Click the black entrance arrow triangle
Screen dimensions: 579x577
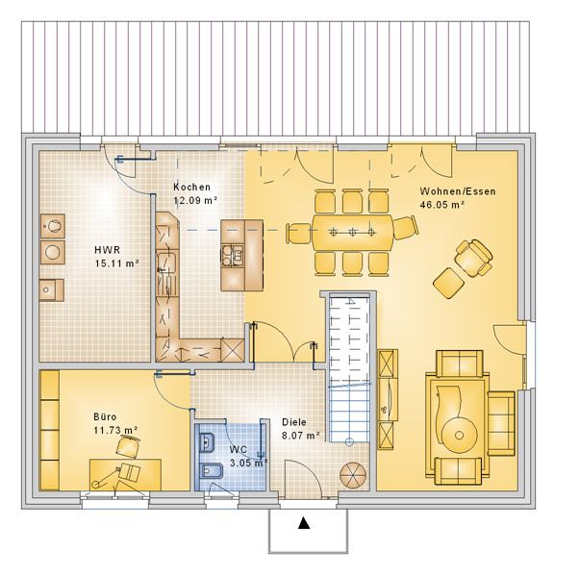(x=304, y=523)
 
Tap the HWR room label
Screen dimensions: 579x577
(x=108, y=250)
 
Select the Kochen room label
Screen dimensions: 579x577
(x=192, y=188)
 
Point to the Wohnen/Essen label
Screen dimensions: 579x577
(x=458, y=191)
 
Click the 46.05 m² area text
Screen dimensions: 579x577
(x=442, y=205)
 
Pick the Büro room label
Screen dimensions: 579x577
(x=105, y=417)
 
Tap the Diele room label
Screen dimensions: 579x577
(x=294, y=422)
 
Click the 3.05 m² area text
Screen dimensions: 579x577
(x=248, y=463)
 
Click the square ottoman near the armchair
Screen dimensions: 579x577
(x=448, y=283)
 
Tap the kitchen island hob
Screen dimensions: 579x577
(x=233, y=256)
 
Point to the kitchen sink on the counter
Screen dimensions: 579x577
(x=165, y=263)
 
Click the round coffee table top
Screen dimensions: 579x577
(x=459, y=436)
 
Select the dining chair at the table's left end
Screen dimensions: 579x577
(x=298, y=234)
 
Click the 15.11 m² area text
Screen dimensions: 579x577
(x=116, y=263)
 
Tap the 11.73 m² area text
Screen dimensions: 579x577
(x=115, y=431)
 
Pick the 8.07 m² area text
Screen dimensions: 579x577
(x=301, y=436)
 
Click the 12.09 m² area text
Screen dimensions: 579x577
(x=195, y=200)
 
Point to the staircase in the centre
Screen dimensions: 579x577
(x=349, y=369)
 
